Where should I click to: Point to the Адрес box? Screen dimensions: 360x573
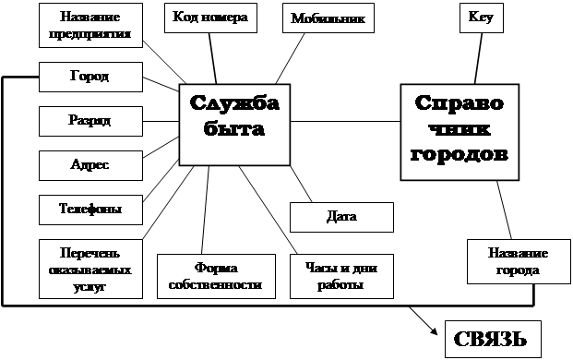pos(90,165)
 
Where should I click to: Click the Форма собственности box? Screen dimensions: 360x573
pos(216,276)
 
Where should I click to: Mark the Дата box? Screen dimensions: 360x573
pos(341,218)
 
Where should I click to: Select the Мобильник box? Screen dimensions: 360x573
pos(328,18)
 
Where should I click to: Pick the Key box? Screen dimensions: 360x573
pos(481,18)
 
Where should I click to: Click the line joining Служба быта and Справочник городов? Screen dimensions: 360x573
pos(346,122)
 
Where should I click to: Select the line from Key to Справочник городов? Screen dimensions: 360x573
pos(477,59)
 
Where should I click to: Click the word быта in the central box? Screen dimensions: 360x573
pos(234,129)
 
